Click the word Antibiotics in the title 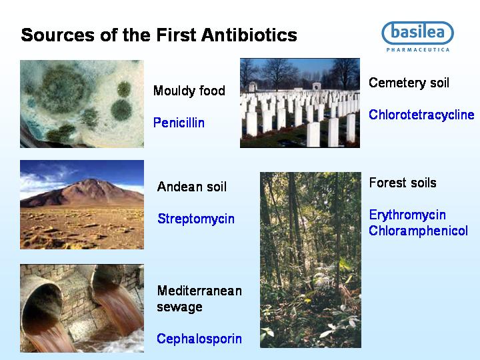click(249, 35)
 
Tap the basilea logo click(417, 33)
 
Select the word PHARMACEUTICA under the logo click(418, 49)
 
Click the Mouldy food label click(189, 91)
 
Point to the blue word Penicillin click(179, 123)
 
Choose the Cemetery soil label click(409, 83)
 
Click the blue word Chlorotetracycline click(421, 115)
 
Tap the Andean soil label click(191, 187)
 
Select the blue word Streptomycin click(196, 219)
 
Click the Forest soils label click(403, 183)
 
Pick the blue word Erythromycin click(407, 215)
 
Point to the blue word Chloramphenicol click(418, 231)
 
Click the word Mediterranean click(199, 291)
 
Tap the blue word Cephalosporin click(199, 339)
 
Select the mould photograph click(82, 104)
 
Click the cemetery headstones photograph click(300, 103)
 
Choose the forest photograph click(311, 260)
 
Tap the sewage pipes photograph click(82, 308)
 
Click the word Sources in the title click(57, 35)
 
